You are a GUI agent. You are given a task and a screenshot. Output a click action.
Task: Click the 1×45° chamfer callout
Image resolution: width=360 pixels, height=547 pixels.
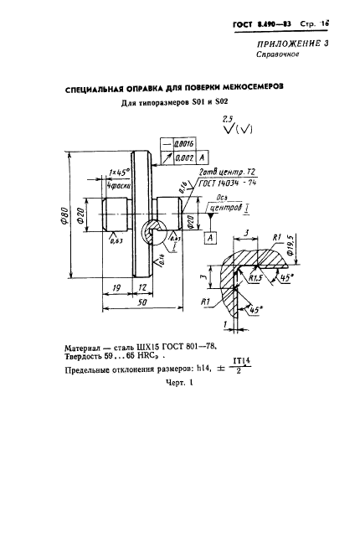(117, 172)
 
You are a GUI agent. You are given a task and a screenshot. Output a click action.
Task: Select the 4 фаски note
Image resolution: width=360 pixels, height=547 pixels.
(117, 183)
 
